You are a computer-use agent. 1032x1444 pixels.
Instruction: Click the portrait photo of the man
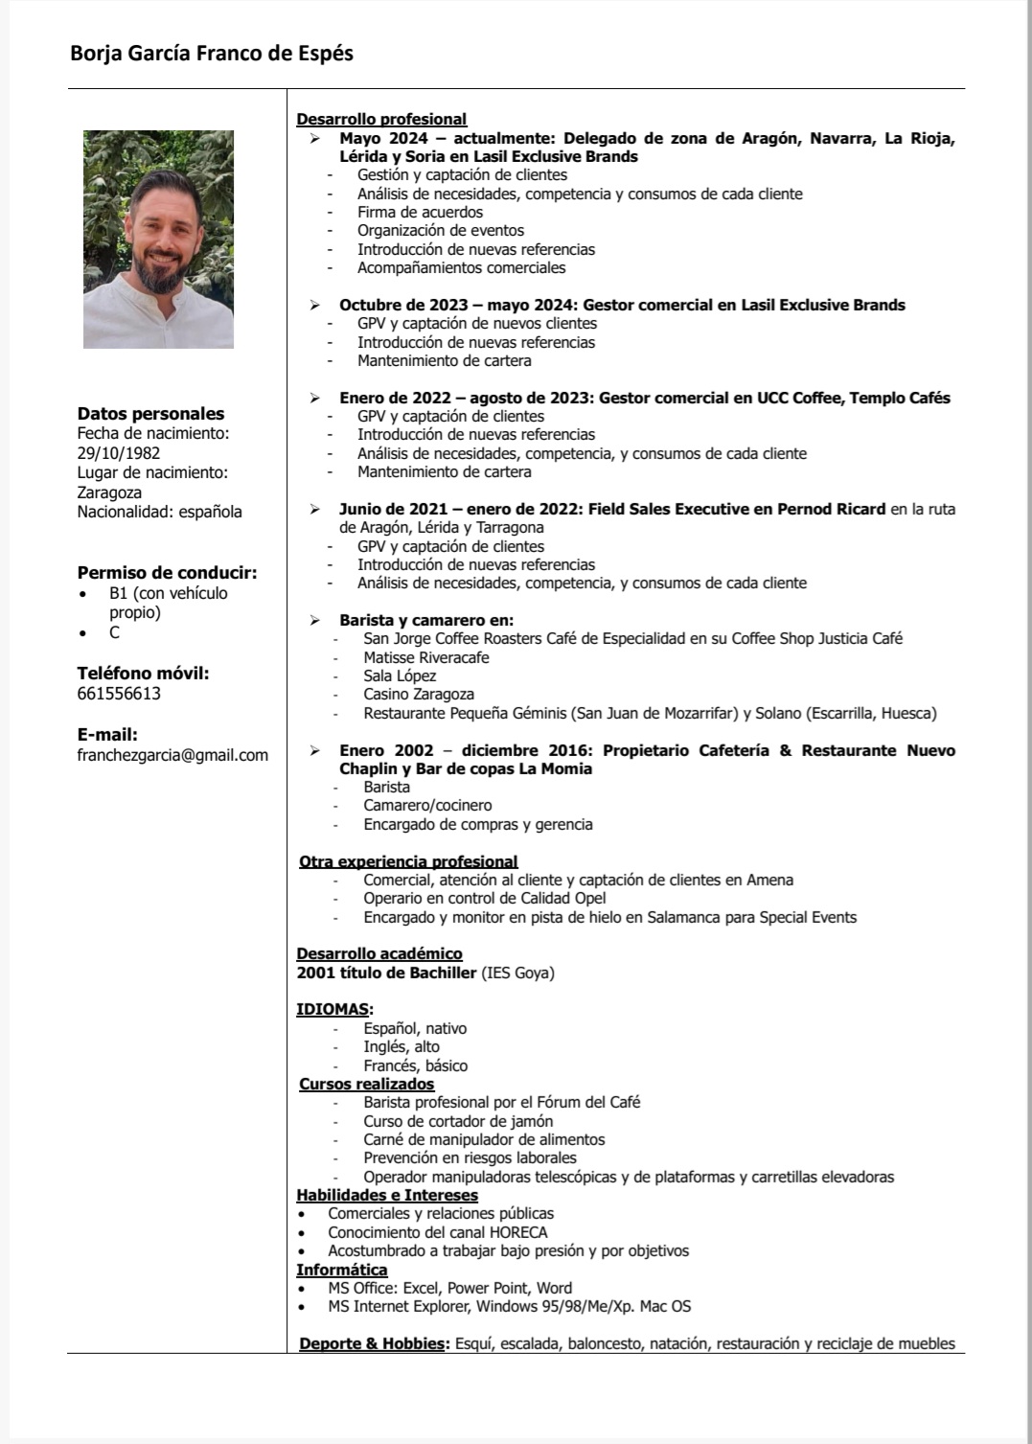(158, 239)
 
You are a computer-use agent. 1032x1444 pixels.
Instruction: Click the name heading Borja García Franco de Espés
(212, 54)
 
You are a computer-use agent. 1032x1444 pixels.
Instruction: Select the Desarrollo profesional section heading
(381, 119)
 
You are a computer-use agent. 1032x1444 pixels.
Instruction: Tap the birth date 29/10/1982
(119, 453)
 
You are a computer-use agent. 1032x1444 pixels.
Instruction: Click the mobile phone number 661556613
(119, 694)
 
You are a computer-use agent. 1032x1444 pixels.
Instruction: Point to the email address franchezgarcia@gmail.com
(172, 755)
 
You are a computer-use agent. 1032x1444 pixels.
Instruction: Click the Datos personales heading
(150, 414)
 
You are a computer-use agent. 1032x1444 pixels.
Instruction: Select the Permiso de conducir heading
(167, 573)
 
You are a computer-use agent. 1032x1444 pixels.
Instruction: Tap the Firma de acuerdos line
(420, 212)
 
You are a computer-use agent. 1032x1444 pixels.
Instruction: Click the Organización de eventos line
(441, 230)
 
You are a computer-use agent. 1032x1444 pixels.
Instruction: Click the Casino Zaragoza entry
(419, 694)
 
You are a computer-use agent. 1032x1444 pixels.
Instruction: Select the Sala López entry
(400, 676)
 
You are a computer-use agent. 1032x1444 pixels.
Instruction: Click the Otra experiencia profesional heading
(408, 861)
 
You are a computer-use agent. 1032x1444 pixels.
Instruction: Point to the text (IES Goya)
(517, 973)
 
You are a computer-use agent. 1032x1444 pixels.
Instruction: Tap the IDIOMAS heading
(333, 1009)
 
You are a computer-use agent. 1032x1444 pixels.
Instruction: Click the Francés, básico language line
(415, 1066)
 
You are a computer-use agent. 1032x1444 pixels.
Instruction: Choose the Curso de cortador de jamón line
(458, 1121)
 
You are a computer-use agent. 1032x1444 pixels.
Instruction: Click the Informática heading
(341, 1270)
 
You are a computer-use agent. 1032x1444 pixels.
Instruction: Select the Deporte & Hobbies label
(374, 1343)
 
